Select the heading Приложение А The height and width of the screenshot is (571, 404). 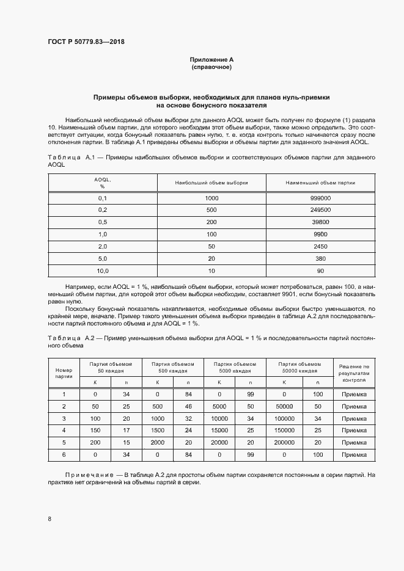[x=211, y=60]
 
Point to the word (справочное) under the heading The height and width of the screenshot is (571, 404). [x=211, y=67]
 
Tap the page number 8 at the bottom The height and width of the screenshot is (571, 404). [x=50, y=518]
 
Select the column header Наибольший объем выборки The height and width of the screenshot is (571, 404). [x=212, y=183]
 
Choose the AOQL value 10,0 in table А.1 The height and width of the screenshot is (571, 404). [x=102, y=270]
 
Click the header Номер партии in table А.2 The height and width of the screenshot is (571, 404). [x=64, y=373]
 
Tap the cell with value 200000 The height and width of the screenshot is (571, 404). [x=284, y=443]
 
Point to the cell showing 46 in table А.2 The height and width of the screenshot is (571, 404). [x=188, y=406]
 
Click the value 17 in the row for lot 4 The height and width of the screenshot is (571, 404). [x=127, y=431]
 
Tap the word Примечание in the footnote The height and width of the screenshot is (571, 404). [x=89, y=475]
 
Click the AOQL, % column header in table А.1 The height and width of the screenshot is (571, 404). [x=102, y=183]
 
